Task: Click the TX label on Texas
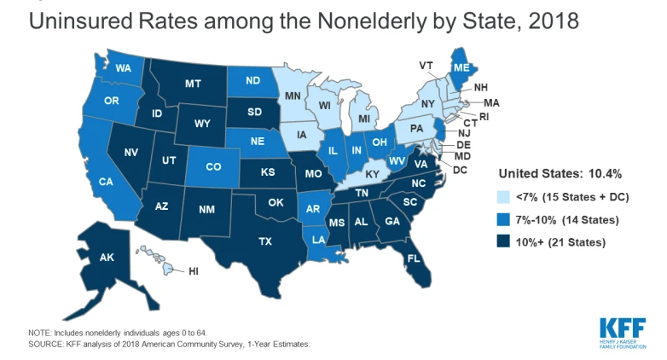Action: (x=265, y=241)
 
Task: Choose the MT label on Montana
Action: (x=193, y=84)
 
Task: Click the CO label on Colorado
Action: (x=212, y=167)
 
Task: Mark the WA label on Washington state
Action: (x=123, y=67)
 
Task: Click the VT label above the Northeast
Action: (x=426, y=66)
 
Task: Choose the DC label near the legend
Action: (x=461, y=171)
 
